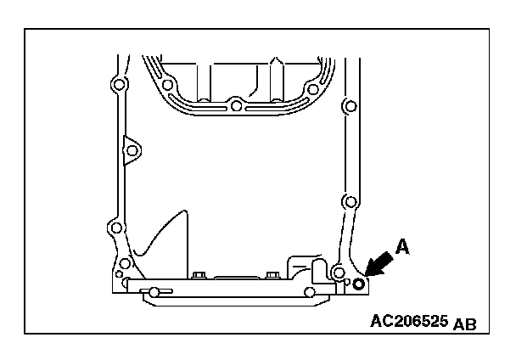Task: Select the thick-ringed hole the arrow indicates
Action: click(359, 284)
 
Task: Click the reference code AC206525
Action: click(410, 322)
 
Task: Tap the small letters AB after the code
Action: click(465, 324)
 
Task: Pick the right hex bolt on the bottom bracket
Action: click(271, 275)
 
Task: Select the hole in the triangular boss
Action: click(131, 150)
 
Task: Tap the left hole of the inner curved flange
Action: click(168, 85)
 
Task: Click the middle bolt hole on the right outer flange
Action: click(348, 202)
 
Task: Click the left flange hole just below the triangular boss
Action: click(115, 228)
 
